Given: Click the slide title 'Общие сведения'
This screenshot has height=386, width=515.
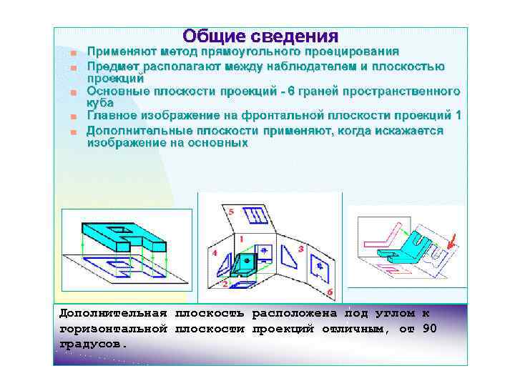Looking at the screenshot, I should pos(260,36).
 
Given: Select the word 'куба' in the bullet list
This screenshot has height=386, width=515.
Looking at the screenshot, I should pos(100,104).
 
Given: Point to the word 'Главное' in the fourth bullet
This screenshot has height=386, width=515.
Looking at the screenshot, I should pos(110,116).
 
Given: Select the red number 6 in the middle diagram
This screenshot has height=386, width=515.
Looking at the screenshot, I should pos(330,292).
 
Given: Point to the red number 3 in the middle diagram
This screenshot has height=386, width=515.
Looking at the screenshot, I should pos(300,249).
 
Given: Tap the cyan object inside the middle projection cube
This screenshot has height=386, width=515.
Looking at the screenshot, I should pos(246,264).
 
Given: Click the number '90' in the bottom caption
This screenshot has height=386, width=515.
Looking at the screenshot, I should pos(429,329).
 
